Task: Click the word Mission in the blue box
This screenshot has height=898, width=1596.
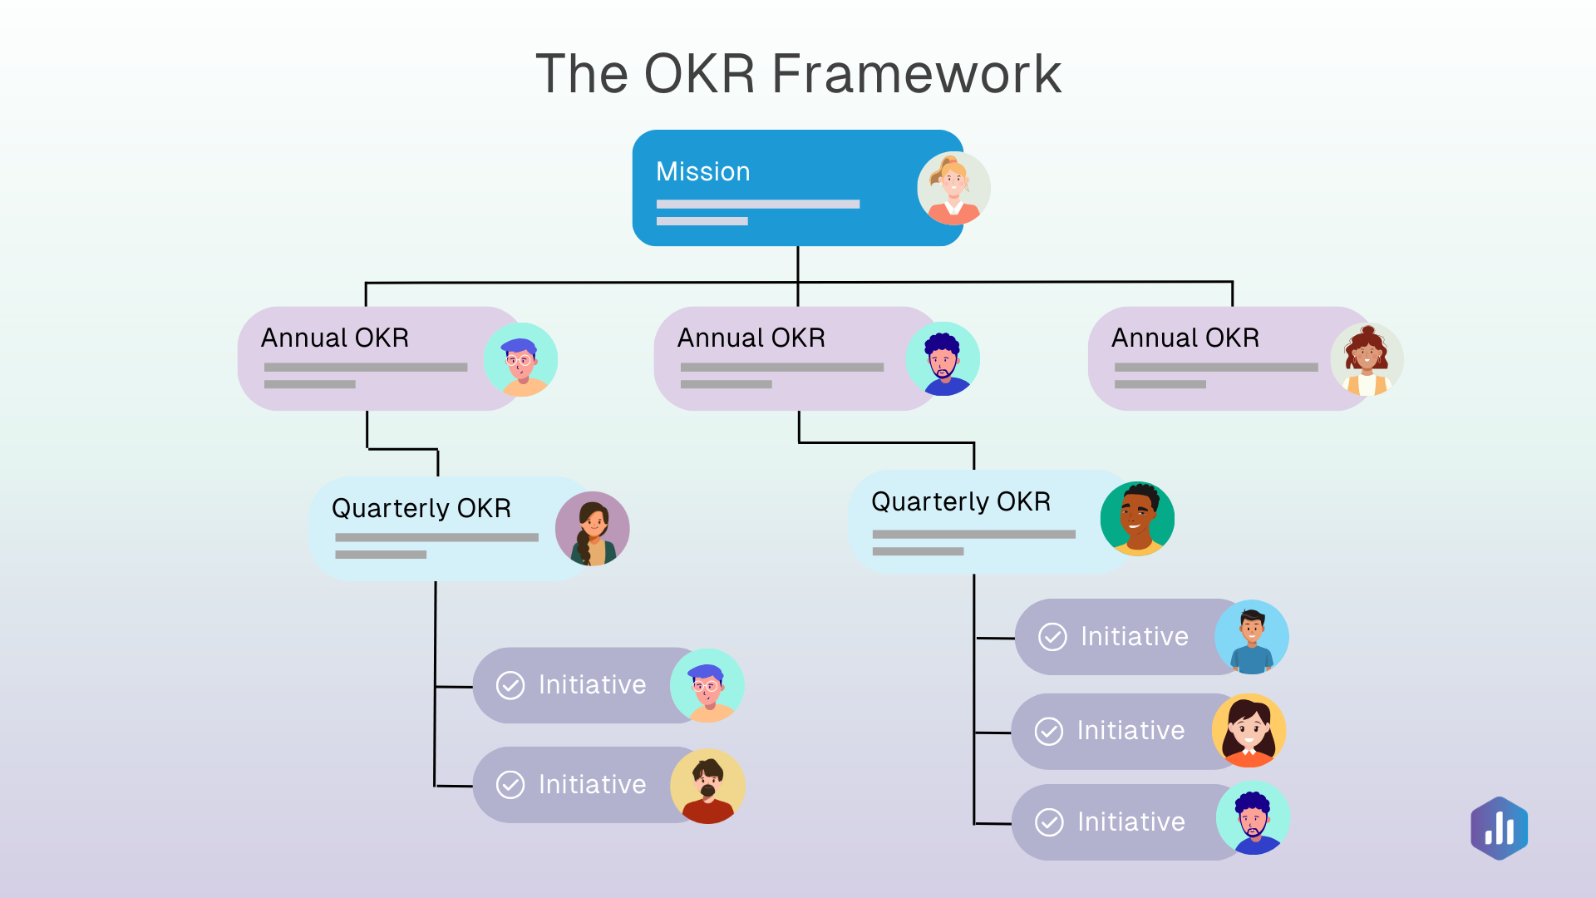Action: click(x=702, y=171)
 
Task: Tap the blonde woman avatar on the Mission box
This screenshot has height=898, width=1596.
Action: click(x=953, y=189)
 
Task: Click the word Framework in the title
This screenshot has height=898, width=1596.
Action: click(x=916, y=73)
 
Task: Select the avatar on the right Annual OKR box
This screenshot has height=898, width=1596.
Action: click(x=1367, y=360)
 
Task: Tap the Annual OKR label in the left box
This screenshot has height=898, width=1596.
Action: click(x=334, y=338)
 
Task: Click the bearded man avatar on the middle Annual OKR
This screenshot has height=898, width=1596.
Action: click(x=943, y=359)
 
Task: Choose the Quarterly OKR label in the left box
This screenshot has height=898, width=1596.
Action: click(x=421, y=508)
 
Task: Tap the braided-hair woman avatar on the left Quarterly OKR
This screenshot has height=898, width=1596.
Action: click(x=592, y=529)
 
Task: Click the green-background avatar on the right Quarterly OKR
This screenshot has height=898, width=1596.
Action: click(x=1137, y=519)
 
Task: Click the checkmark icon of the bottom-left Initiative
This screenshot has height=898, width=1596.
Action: click(x=510, y=784)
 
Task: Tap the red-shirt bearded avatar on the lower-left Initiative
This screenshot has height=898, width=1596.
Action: click(x=707, y=786)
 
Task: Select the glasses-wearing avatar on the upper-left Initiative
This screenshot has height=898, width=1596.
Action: click(x=707, y=686)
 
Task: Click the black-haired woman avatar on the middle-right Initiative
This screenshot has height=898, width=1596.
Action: click(x=1249, y=731)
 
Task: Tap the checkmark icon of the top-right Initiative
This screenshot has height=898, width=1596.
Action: click(x=1052, y=637)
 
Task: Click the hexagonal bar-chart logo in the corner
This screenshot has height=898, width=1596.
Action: click(x=1499, y=828)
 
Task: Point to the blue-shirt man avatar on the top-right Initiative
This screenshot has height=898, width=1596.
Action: click(x=1251, y=638)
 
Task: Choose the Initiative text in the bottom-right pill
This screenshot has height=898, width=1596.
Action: click(x=1130, y=822)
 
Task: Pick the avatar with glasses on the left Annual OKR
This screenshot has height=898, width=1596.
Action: click(x=520, y=360)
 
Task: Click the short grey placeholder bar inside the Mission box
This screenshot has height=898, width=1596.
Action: click(x=702, y=221)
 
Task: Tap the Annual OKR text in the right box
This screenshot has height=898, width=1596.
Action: click(x=1185, y=338)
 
